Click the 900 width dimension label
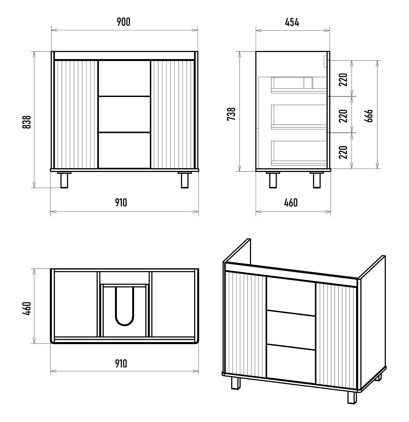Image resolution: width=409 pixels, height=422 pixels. (124, 22)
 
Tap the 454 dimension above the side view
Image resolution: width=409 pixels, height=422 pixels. (292, 22)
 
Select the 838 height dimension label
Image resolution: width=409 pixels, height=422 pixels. (27, 122)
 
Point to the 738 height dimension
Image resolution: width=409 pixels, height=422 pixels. (231, 114)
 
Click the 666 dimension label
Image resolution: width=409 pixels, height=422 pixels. (368, 116)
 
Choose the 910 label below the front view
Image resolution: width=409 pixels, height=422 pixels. (121, 203)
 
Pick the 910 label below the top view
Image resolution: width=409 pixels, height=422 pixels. (121, 364)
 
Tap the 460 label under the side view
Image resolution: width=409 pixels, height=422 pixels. (291, 203)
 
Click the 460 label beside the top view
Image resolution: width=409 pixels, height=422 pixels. (27, 309)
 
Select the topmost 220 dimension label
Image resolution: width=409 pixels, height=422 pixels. (343, 80)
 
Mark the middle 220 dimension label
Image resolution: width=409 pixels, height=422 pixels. (343, 116)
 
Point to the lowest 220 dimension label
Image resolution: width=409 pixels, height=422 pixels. (343, 152)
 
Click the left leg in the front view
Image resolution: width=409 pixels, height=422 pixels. (64, 180)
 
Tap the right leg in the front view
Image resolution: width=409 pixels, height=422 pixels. (185, 180)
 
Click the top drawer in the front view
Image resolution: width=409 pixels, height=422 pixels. (124, 79)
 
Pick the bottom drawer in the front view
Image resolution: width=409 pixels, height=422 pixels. (124, 150)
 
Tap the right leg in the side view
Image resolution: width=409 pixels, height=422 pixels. (317, 180)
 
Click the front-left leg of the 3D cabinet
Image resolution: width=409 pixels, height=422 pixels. (235, 383)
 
